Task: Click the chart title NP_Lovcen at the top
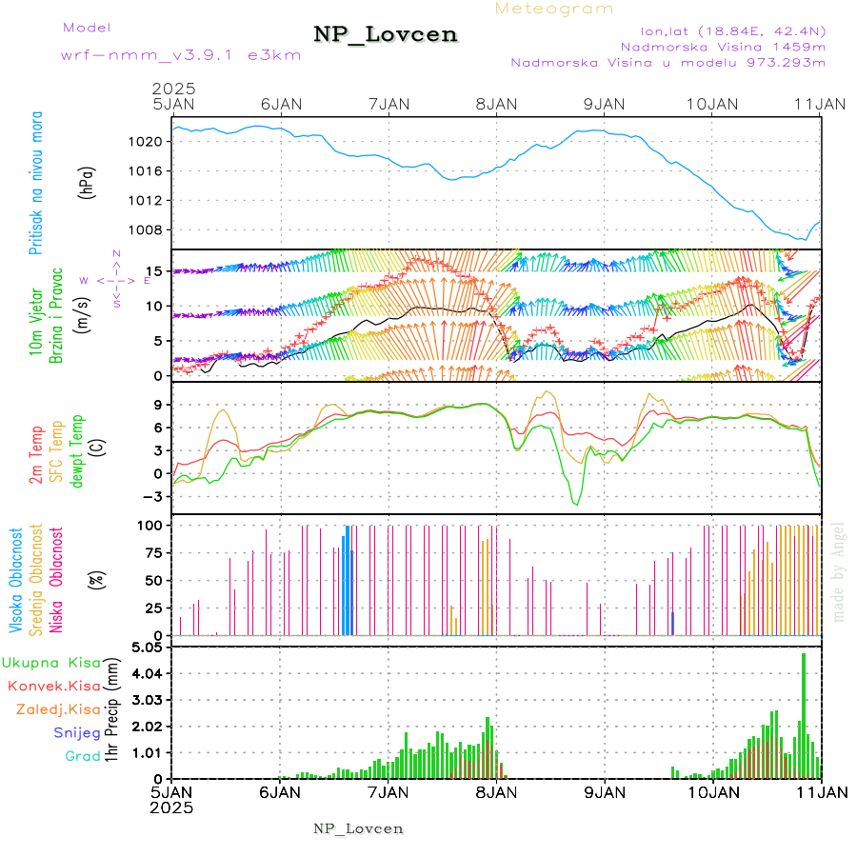(x=386, y=35)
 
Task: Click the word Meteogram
(x=554, y=9)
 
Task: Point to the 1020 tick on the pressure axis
(x=153, y=142)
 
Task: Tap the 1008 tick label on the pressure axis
(x=153, y=229)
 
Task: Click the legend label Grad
(x=82, y=757)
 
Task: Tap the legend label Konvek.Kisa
(x=53, y=686)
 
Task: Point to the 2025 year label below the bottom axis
(x=172, y=807)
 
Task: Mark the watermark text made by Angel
(x=839, y=571)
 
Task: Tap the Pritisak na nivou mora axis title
(x=36, y=187)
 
